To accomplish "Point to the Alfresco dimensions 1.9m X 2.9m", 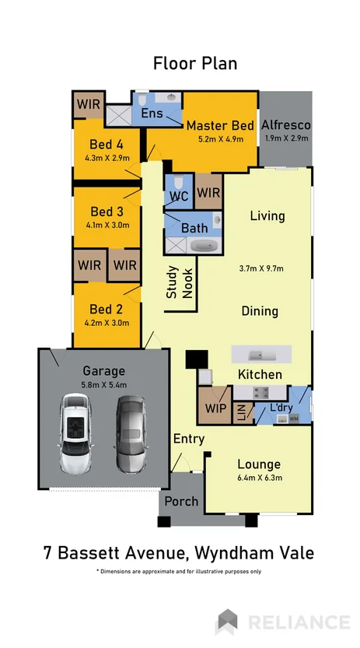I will pos(285,138).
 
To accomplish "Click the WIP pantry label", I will pos(214,408).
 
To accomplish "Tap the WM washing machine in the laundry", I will pos(293,419).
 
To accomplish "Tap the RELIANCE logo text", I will pos(299,622).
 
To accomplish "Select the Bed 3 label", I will pos(107,212).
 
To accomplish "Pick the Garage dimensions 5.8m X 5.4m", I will pos(104,384).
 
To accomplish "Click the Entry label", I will pos(189,440).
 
